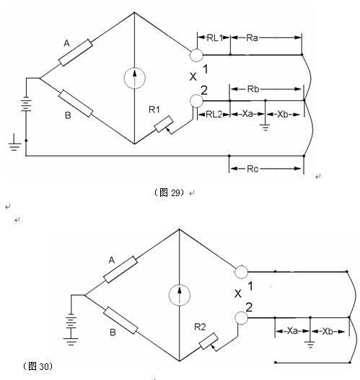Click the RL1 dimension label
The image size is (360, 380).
(x=215, y=37)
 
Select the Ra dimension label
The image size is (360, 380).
(x=252, y=37)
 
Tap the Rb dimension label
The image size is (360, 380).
(x=253, y=89)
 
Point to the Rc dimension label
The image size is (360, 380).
(x=253, y=169)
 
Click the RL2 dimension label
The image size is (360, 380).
(x=214, y=114)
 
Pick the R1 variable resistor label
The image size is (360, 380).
(x=154, y=110)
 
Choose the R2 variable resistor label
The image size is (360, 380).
(x=200, y=327)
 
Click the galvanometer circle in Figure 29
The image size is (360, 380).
(x=134, y=78)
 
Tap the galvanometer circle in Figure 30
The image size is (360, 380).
(x=180, y=295)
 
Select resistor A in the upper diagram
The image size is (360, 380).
(x=76, y=53)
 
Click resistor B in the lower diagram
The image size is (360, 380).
(x=120, y=320)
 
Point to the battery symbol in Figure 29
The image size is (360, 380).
(x=26, y=105)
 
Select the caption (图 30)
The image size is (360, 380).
(x=38, y=366)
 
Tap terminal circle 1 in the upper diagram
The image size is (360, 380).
(x=196, y=55)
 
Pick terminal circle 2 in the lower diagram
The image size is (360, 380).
(x=241, y=318)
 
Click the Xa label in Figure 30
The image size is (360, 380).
(x=292, y=331)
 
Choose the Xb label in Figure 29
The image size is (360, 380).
(x=283, y=114)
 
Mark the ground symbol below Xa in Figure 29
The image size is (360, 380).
(x=265, y=127)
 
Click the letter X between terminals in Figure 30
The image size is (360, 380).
(x=238, y=293)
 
